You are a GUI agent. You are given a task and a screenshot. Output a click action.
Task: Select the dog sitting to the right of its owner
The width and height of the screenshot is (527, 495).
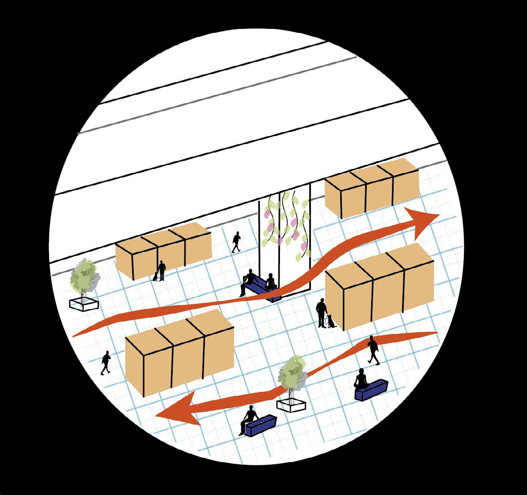click(330, 321)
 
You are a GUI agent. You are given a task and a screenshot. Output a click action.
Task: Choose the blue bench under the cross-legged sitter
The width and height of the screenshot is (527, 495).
click(371, 390)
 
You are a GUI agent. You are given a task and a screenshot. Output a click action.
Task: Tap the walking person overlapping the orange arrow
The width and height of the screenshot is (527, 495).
click(373, 350)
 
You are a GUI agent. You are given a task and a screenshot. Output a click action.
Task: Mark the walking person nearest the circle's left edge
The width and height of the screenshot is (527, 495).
click(106, 362)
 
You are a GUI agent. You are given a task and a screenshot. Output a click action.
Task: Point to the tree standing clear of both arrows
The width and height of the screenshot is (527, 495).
click(85, 276)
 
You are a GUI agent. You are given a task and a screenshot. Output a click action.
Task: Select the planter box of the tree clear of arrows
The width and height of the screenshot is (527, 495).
click(84, 304)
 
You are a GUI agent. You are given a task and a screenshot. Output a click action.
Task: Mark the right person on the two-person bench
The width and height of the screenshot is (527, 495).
click(270, 283)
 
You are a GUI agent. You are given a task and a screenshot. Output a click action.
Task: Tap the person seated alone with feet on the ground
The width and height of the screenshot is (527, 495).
click(250, 417)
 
